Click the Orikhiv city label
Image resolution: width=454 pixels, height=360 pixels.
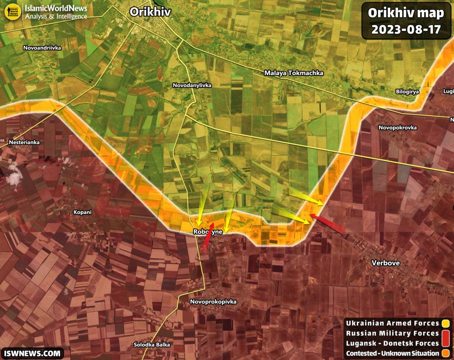[x=150, y=12]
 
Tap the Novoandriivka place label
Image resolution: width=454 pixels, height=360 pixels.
[x=42, y=48]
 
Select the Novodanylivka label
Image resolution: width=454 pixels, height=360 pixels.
[x=192, y=85]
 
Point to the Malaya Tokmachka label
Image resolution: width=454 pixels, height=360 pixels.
[x=294, y=73]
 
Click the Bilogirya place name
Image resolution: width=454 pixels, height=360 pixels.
[x=408, y=91]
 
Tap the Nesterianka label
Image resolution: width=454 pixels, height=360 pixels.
[x=24, y=142]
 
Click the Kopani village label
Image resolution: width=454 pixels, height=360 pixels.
[x=82, y=212]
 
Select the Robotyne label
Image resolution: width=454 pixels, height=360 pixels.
[x=208, y=232]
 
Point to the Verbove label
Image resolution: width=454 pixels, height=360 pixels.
[x=386, y=263]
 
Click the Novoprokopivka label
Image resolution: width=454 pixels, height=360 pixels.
[x=213, y=301]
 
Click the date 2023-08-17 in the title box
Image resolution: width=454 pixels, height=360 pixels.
[x=406, y=29]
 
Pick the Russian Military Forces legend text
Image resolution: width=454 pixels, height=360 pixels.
[x=392, y=333]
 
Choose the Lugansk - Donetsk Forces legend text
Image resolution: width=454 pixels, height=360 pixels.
[x=392, y=343]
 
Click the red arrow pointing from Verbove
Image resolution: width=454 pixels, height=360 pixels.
[x=328, y=224]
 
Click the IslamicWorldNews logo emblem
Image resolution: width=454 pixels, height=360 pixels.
[x=13, y=12]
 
